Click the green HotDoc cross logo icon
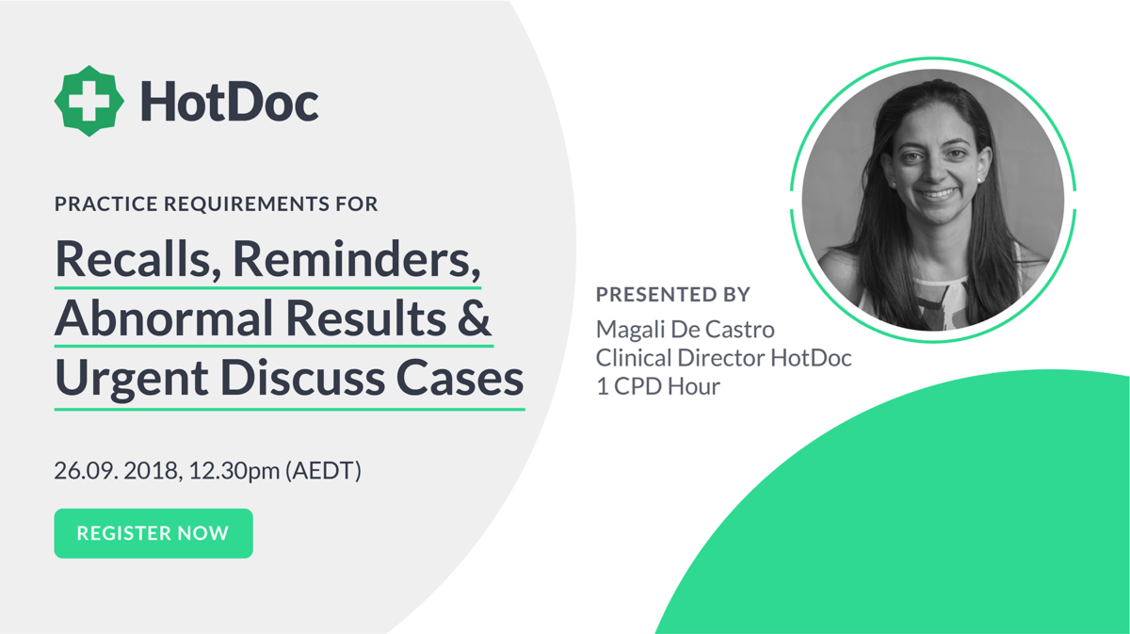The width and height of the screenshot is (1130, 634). pyautogui.click(x=89, y=102)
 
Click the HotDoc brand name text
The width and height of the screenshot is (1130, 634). pyautogui.click(x=229, y=102)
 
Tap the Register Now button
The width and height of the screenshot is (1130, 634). pyautogui.click(x=153, y=533)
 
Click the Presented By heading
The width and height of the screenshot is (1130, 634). pyautogui.click(x=673, y=294)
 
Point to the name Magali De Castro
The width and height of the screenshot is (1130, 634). pyautogui.click(x=686, y=330)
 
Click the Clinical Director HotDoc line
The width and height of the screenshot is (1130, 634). pyautogui.click(x=723, y=358)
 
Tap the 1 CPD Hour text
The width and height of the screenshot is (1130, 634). pyautogui.click(x=657, y=386)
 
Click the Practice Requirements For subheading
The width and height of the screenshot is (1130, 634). pyautogui.click(x=217, y=203)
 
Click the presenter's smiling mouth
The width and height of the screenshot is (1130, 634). pyautogui.click(x=937, y=194)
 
